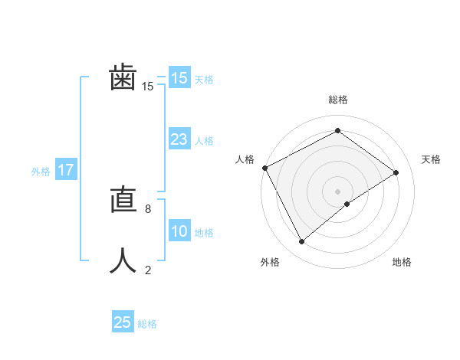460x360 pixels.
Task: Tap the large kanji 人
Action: point(123,260)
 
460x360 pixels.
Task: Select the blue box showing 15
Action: point(179,78)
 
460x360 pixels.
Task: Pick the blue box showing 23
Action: point(179,139)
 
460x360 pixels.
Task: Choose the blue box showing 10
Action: point(179,231)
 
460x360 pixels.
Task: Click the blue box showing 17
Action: point(65,170)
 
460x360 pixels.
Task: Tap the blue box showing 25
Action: point(123,322)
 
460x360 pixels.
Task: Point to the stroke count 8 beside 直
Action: point(148,208)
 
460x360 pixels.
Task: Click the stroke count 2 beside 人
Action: point(148,270)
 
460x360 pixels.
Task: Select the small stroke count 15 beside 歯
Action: point(147,87)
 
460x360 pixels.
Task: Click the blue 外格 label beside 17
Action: point(41,172)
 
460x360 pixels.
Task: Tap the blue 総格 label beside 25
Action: point(147,324)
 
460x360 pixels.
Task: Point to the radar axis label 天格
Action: point(432,159)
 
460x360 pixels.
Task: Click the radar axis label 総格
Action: point(337,100)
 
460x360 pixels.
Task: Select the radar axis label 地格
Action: point(402,263)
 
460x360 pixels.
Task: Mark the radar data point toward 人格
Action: point(264,168)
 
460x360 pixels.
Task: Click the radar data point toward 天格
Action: point(396,172)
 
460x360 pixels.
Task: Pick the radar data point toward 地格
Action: point(347,204)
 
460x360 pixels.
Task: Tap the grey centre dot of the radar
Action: point(337,191)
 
